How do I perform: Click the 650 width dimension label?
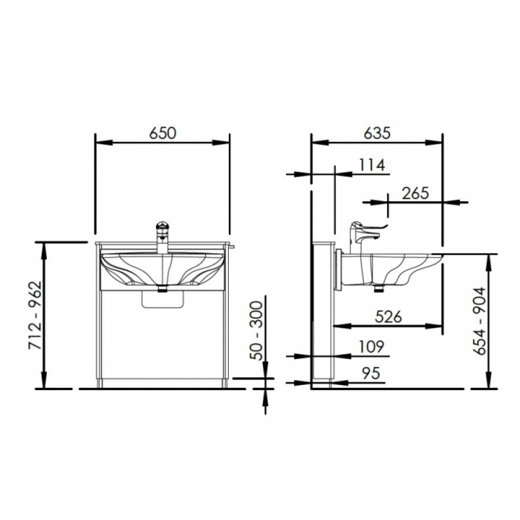pyautogui.click(x=162, y=133)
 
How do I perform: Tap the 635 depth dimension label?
pyautogui.click(x=377, y=133)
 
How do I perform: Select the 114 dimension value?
pyautogui.click(x=372, y=165)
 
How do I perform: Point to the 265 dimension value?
pyautogui.click(x=415, y=193)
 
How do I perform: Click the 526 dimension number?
pyautogui.click(x=388, y=317)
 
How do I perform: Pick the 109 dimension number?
pyautogui.click(x=372, y=347)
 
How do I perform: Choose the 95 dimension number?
pyautogui.click(x=370, y=373)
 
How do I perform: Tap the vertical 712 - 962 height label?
pyautogui.click(x=35, y=315)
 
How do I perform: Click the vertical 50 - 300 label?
pyautogui.click(x=257, y=330)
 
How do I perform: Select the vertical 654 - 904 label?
pyautogui.click(x=480, y=321)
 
